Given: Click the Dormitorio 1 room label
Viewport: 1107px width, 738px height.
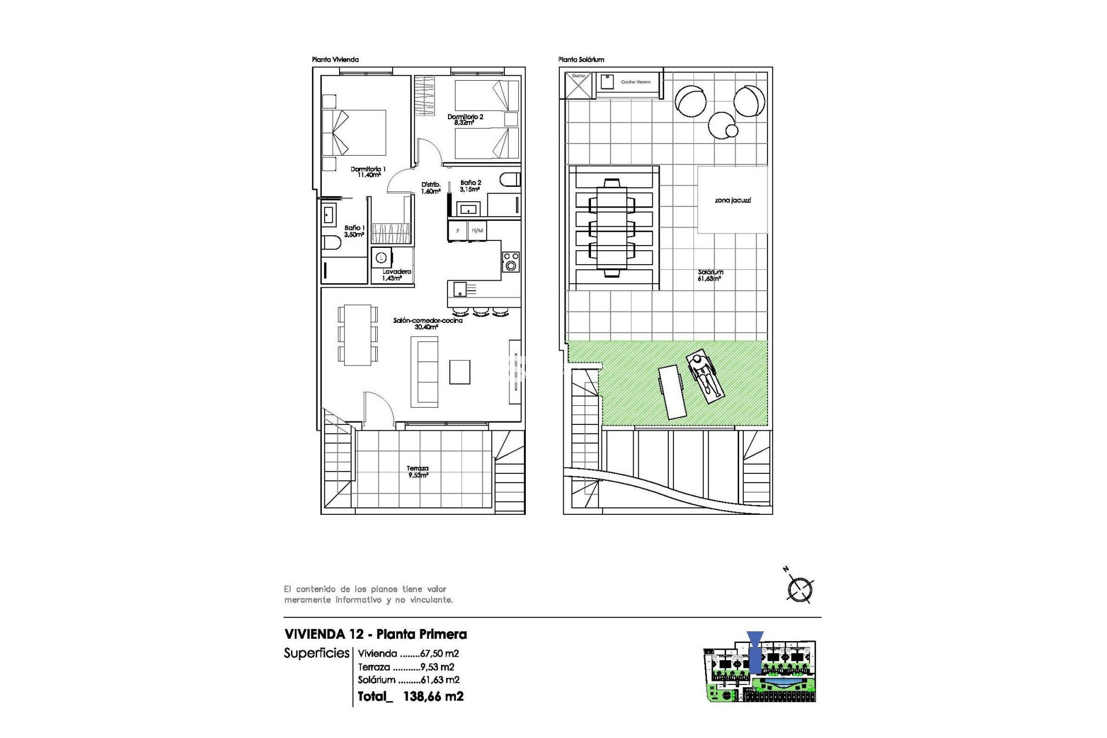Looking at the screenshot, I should (368, 172).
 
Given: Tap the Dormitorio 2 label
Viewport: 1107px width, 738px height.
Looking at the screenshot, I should (465, 119).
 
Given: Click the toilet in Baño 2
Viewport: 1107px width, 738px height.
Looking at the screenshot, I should (510, 179).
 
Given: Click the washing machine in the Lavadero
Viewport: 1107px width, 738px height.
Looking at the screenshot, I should (381, 258).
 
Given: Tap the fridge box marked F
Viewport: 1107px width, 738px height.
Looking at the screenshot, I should (458, 231).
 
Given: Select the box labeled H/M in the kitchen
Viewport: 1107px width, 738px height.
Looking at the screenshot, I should (477, 231).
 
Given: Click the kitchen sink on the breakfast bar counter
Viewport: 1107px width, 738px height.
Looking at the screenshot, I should (460, 288).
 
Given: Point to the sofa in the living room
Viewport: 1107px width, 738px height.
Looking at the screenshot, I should (424, 372).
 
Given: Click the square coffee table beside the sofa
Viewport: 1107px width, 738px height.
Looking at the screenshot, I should (460, 372).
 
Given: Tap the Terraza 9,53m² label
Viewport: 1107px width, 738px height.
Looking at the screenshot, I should (418, 472).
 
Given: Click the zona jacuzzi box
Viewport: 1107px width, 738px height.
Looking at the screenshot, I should (732, 200).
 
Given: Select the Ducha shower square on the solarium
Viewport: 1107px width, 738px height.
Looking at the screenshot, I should (578, 85).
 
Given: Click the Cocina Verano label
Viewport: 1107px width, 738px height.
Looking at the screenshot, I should (635, 82).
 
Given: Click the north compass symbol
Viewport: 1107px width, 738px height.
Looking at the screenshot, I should (800, 589).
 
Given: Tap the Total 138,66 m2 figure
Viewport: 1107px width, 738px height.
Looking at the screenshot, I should (410, 696).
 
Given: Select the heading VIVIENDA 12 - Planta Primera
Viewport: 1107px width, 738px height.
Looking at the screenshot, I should (375, 634).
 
